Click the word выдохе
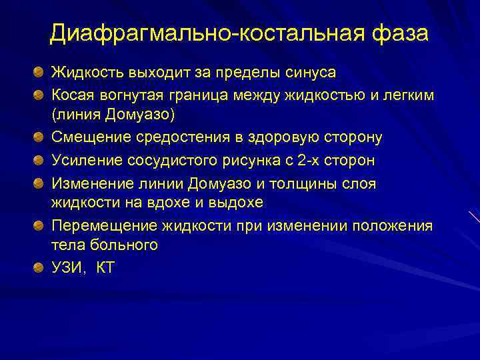235,202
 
